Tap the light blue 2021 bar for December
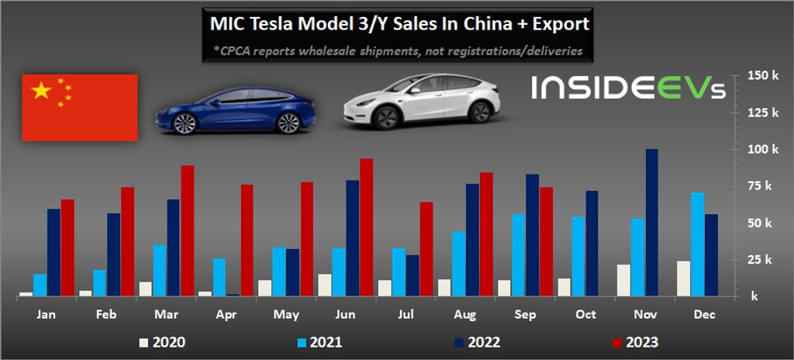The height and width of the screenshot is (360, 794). coord(697,244)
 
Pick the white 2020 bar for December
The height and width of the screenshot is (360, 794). coord(683,278)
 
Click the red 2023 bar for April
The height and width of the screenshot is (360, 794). coord(247,240)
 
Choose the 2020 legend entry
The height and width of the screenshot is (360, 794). coord(162,341)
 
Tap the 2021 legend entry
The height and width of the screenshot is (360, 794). coord(319,341)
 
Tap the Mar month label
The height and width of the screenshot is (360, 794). coord(165,316)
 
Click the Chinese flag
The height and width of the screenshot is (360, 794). coord(80,107)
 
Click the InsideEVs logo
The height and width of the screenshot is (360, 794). coord(628,88)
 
